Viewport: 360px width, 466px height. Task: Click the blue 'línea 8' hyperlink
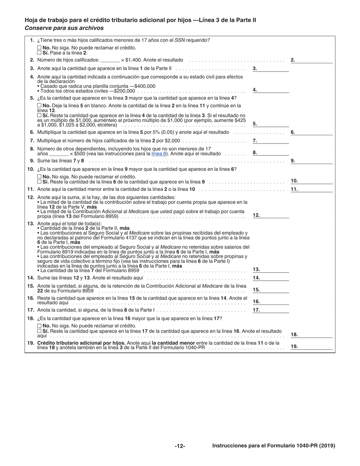pos(158,153)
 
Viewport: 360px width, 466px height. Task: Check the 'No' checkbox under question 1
pos(39,48)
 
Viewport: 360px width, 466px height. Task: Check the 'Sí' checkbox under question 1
pos(39,53)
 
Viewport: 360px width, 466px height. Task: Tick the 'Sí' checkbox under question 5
pos(39,115)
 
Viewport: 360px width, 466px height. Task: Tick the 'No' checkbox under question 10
pos(39,177)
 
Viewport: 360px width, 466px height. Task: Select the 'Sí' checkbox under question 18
pos(39,331)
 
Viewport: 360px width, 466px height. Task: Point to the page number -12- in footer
pos(180,446)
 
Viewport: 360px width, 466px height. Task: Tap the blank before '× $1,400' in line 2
pos(110,60)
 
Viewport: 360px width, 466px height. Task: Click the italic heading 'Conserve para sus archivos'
pos(64,28)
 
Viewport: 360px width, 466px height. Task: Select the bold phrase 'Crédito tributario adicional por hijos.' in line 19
pos(81,343)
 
